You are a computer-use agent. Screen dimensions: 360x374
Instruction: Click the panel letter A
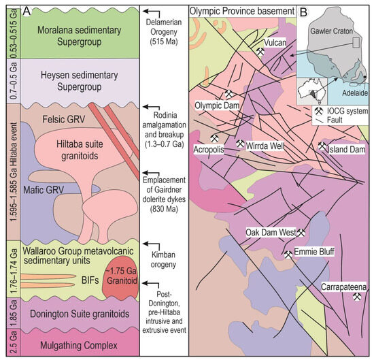(x=26, y=11)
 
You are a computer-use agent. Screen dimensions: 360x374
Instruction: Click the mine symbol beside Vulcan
(x=260, y=51)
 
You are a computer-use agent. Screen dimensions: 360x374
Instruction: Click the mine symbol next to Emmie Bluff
(x=289, y=255)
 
